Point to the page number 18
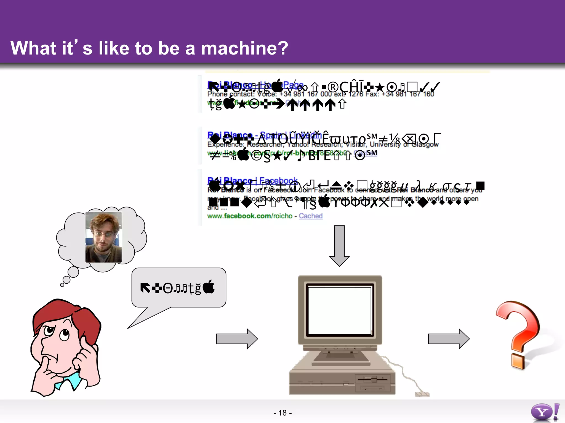coord(282,413)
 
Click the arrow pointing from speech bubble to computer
coord(237,339)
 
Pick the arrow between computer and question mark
coord(449,339)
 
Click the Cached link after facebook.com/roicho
coord(311,216)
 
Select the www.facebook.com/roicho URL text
coord(250,216)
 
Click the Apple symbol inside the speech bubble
coord(209,287)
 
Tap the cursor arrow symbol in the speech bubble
coord(145,288)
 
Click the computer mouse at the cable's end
coord(422,394)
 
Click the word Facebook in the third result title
coord(279,180)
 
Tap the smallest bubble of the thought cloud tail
coord(62,285)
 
